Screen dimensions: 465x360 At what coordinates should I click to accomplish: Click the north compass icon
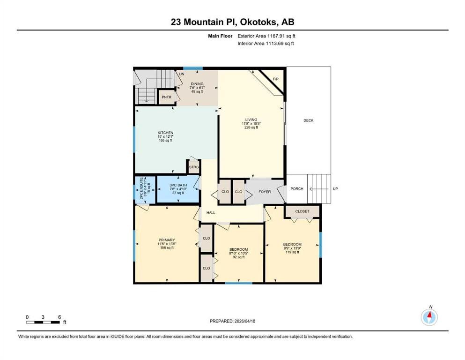coord(429,317)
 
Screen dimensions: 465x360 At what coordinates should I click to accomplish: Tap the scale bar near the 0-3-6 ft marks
coord(43,322)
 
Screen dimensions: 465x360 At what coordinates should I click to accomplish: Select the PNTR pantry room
coord(166,97)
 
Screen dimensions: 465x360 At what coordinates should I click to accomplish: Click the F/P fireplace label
coord(275,79)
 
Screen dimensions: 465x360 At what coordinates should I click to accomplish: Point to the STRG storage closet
coord(194,167)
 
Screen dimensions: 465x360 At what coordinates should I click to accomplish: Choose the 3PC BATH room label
coord(178,185)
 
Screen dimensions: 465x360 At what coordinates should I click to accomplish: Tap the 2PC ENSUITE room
coord(145,189)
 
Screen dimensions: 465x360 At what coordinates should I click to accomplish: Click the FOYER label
coord(265,192)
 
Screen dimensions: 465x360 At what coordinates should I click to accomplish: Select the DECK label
coord(309,120)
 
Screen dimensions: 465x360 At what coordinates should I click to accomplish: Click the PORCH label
coord(297,189)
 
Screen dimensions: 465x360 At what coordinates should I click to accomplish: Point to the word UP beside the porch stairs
coord(335,189)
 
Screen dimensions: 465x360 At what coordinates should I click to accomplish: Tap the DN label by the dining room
coord(182,74)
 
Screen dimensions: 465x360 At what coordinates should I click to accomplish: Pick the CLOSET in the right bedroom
coord(302,211)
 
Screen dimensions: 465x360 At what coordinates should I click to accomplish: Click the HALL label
coord(211,212)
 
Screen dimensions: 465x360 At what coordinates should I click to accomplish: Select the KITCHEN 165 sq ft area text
coord(165,140)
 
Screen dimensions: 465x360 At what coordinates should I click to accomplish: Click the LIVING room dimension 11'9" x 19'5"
coord(251,123)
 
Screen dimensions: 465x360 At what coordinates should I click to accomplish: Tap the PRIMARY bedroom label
coord(167,240)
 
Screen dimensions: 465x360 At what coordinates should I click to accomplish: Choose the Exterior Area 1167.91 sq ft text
coord(266,36)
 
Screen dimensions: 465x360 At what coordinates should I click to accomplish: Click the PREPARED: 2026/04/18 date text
coord(232,321)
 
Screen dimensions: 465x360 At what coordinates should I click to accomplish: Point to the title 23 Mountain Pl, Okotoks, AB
coord(232,22)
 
